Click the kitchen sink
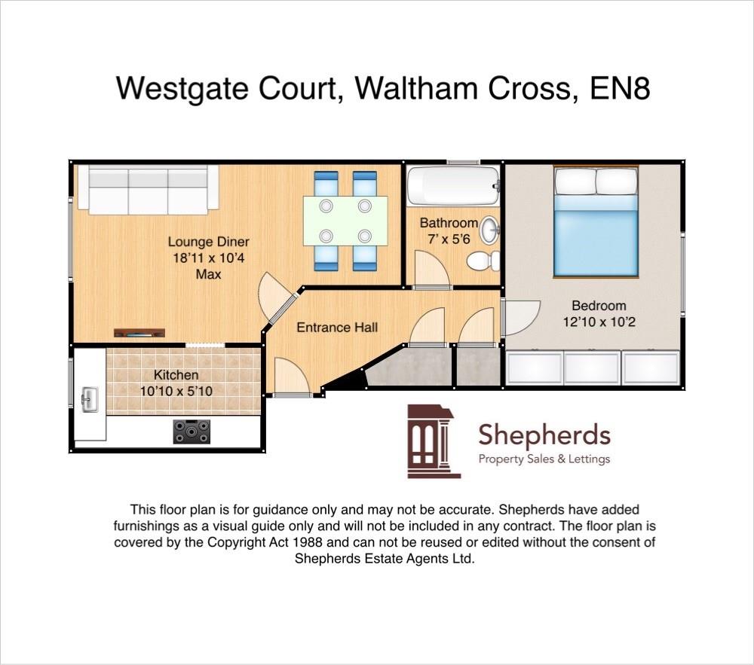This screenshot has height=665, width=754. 90,398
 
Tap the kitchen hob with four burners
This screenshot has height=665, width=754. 192,432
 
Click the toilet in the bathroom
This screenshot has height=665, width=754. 483,261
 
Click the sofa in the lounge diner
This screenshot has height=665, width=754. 149,189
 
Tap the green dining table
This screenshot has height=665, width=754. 345,220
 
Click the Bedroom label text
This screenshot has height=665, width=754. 599,306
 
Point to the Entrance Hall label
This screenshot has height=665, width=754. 336,328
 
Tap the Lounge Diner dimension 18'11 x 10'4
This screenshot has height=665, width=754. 209,258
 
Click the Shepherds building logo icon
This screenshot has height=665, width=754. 433,441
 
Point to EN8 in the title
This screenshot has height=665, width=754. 620,89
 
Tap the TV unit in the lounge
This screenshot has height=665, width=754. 139,332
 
